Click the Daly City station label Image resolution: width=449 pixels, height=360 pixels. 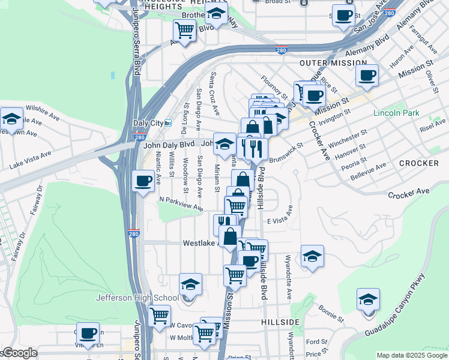(148, 123)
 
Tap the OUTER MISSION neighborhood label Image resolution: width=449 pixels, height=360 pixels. (333, 62)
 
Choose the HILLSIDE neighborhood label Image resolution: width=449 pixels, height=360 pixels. (280, 322)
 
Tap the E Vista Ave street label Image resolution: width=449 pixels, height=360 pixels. (280, 215)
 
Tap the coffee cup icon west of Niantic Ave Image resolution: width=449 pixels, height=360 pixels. (143, 181)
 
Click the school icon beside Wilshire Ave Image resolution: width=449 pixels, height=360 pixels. (11, 119)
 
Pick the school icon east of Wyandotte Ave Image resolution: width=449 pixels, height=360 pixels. (312, 256)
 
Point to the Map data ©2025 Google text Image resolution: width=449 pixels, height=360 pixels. (411, 355)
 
